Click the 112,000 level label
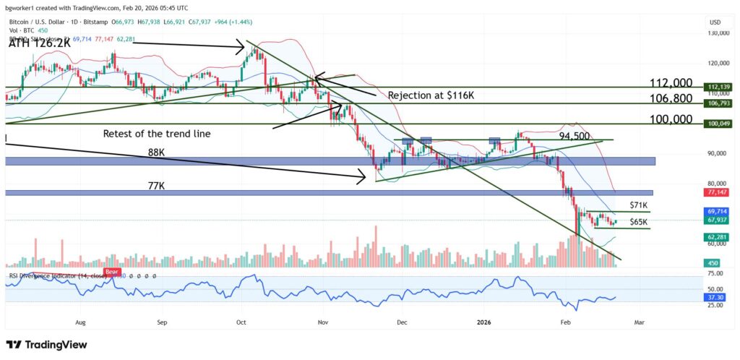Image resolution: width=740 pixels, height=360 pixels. (671, 83)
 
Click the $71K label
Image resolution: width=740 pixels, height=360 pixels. (639, 205)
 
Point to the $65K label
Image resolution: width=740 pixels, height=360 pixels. (639, 222)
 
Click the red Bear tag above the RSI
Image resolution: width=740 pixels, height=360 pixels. (112, 273)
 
